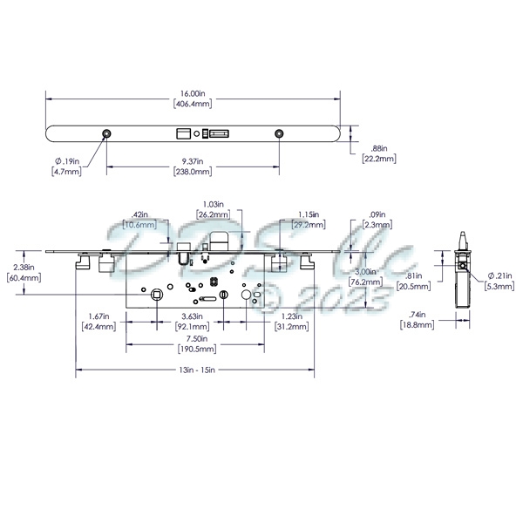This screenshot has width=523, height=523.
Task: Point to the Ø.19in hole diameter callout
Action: click(x=67, y=161)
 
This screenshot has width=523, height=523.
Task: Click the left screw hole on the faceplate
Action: click(x=106, y=133)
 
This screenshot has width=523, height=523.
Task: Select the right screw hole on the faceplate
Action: click(x=279, y=133)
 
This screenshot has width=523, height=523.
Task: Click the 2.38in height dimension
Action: click(x=24, y=267)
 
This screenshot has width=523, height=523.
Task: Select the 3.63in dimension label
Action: click(x=193, y=316)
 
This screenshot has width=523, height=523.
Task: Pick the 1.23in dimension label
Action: click(x=293, y=316)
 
